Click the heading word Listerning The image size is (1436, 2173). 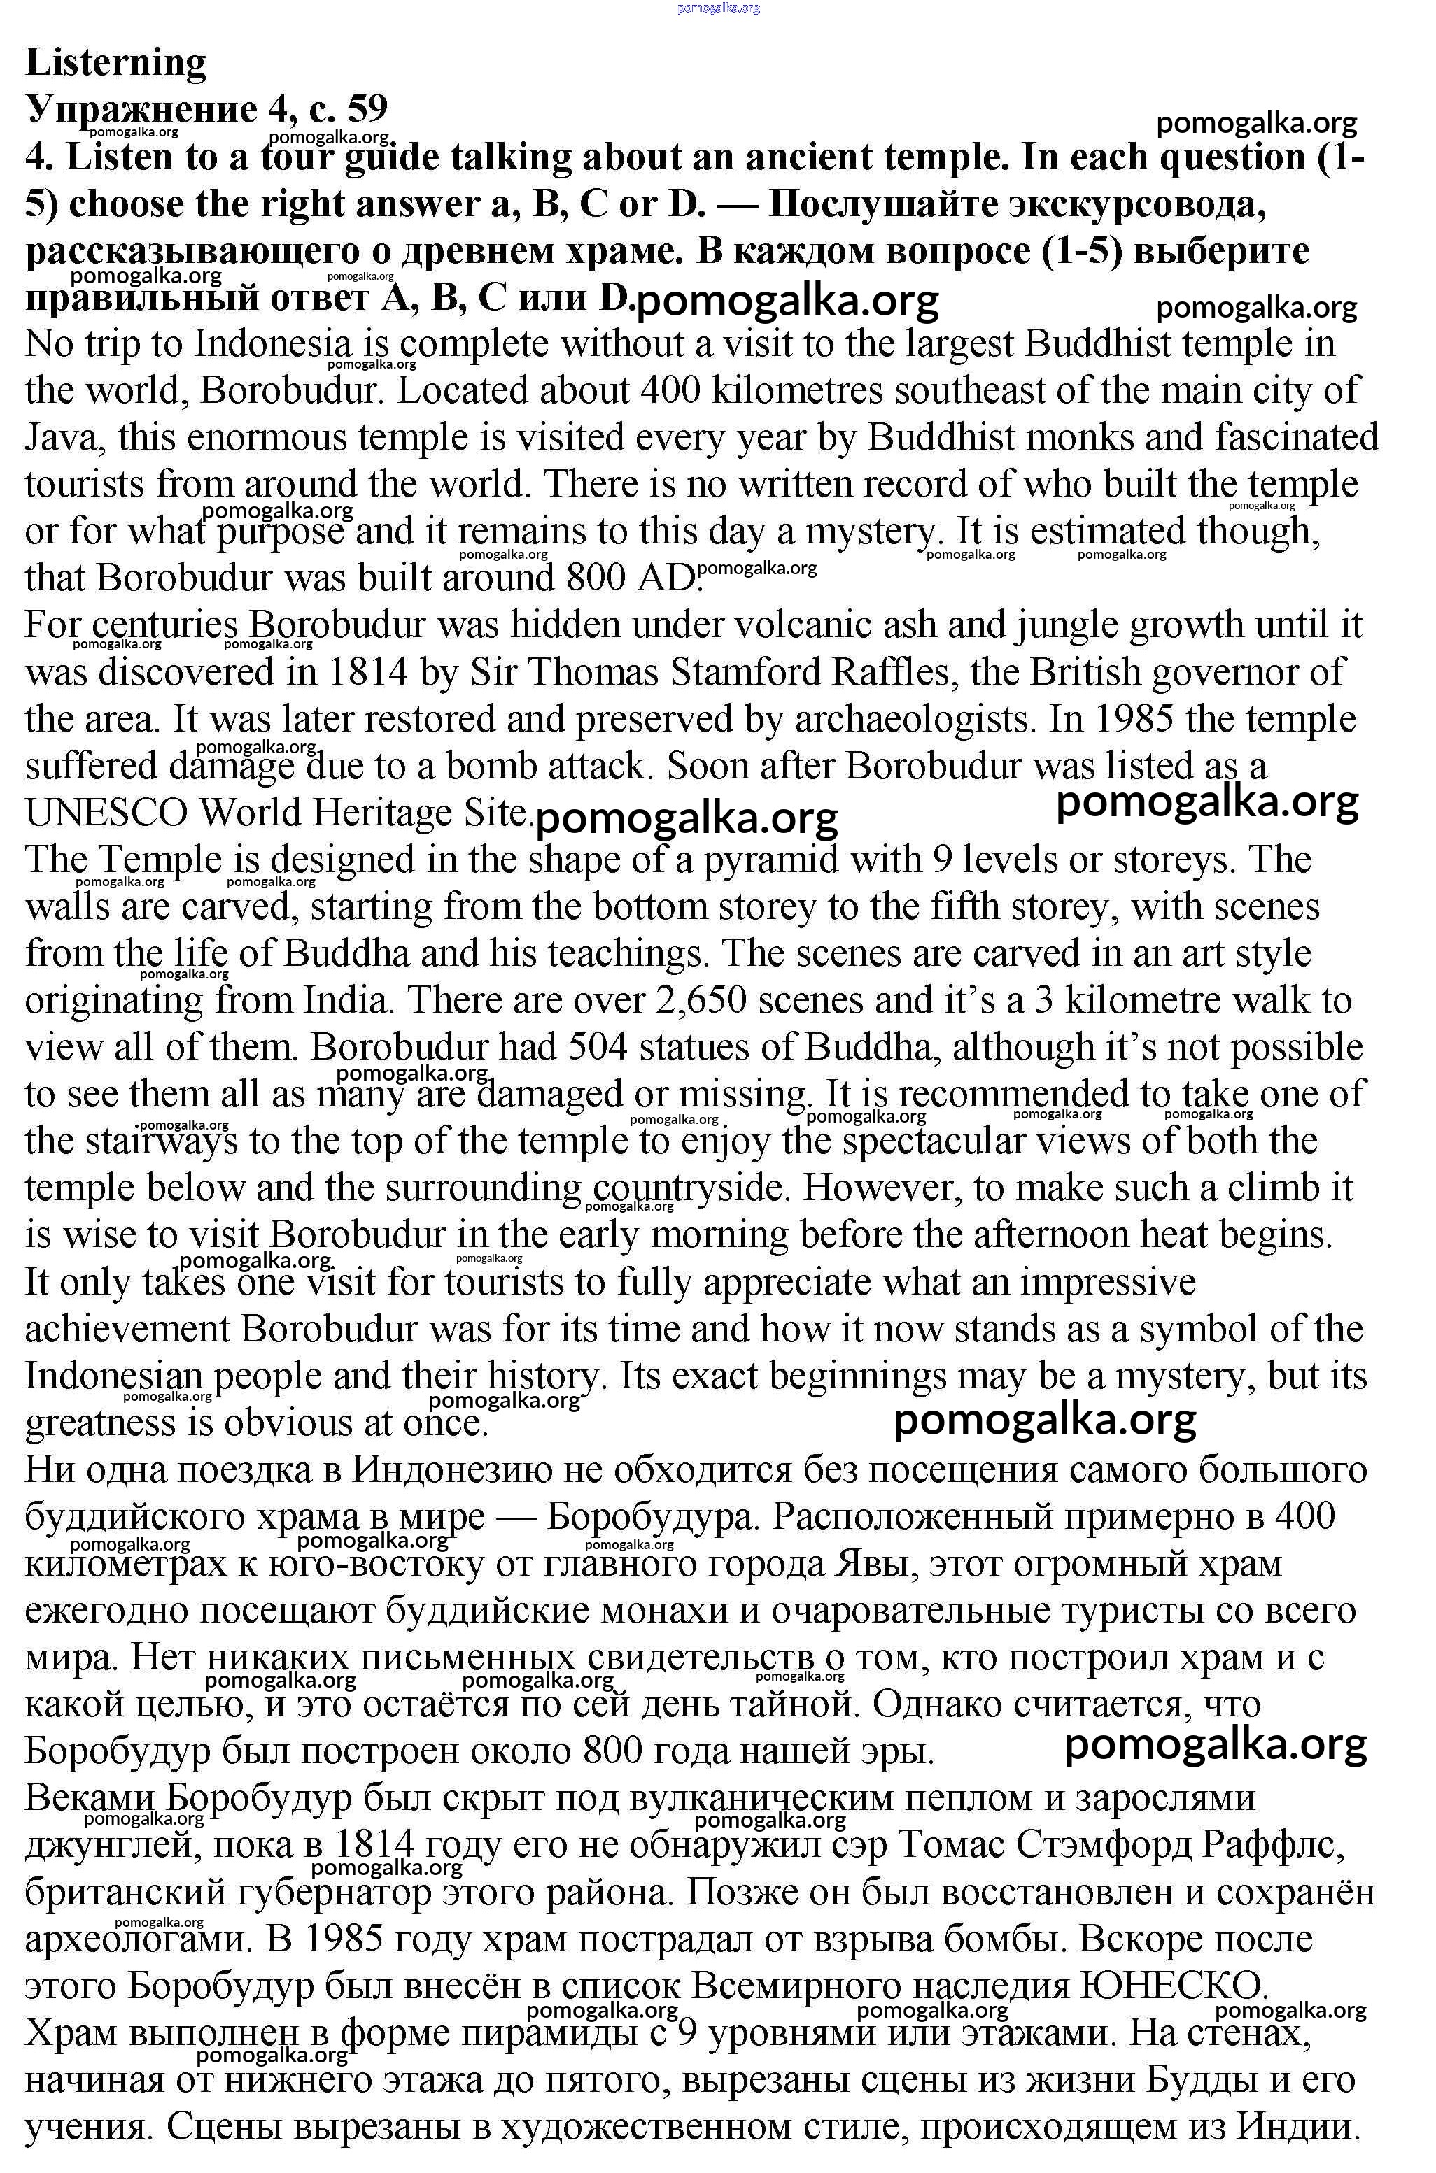[116, 62]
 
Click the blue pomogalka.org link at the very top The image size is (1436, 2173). [719, 8]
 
